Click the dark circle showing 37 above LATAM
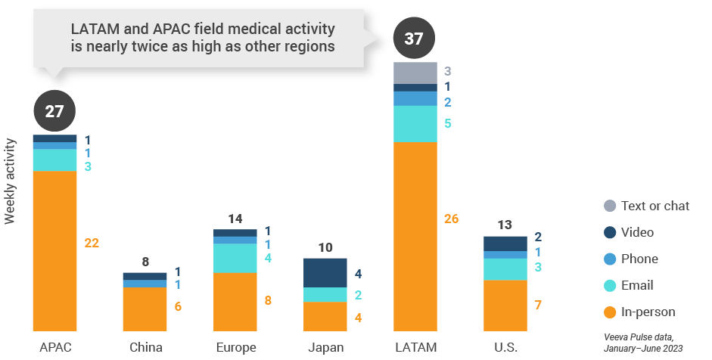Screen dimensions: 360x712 414,39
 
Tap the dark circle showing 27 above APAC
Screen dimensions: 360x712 54,112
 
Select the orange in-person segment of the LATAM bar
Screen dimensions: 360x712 415,236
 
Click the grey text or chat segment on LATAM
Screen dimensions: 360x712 415,73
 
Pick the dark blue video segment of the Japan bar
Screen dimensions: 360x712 325,272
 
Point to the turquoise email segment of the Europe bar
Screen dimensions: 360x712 235,258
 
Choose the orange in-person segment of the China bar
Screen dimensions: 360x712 145,309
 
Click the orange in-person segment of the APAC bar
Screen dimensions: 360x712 54,250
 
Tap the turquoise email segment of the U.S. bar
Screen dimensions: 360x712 505,269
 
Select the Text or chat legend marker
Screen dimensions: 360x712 610,206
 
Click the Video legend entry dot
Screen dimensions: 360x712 610,232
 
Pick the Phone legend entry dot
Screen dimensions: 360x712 610,259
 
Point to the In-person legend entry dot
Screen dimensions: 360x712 610,312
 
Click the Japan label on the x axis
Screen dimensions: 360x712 325,348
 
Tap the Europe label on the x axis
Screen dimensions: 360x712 235,348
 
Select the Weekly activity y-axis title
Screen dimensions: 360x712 11,182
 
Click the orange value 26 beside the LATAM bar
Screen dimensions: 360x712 451,219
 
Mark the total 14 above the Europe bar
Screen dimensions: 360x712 235,219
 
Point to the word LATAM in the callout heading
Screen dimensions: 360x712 92,29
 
